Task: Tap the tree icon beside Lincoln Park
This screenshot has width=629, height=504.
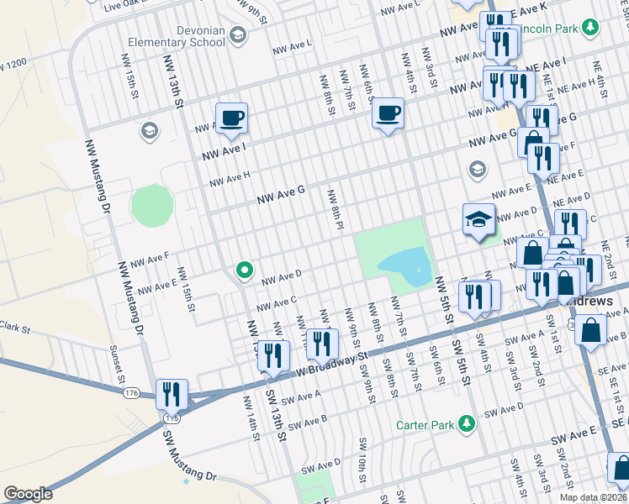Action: (590, 29)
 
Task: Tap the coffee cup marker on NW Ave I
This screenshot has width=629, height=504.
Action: (231, 118)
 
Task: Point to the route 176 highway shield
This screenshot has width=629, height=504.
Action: (132, 393)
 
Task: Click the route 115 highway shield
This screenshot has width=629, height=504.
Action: (172, 417)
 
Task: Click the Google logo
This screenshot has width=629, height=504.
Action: (28, 494)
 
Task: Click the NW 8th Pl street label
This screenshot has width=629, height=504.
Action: (334, 208)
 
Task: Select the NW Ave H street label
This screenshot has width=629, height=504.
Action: (230, 179)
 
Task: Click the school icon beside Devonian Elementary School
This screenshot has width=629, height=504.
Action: (238, 34)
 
